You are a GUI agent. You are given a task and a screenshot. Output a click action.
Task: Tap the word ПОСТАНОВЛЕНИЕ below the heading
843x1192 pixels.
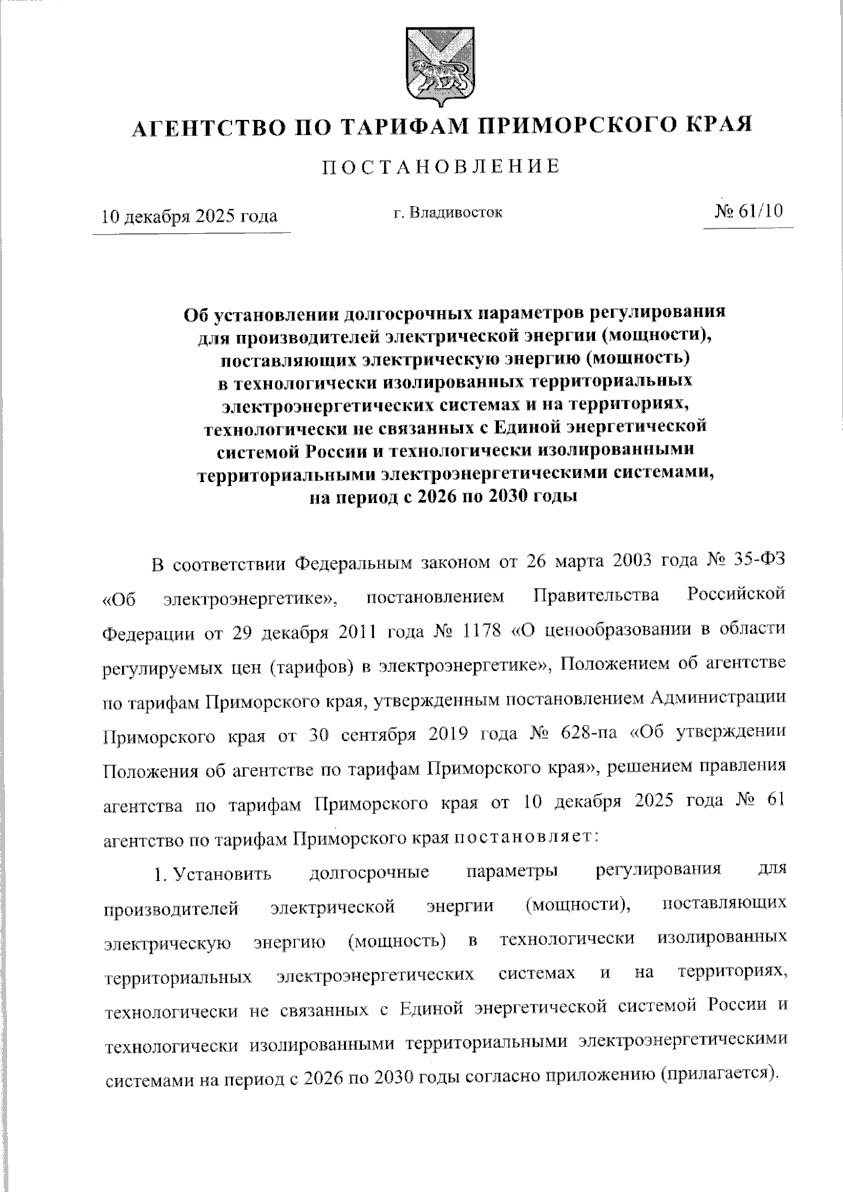click(441, 166)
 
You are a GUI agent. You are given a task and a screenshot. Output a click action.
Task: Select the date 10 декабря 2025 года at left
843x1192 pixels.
click(190, 215)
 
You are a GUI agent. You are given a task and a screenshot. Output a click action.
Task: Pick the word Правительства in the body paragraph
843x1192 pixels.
click(596, 596)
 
